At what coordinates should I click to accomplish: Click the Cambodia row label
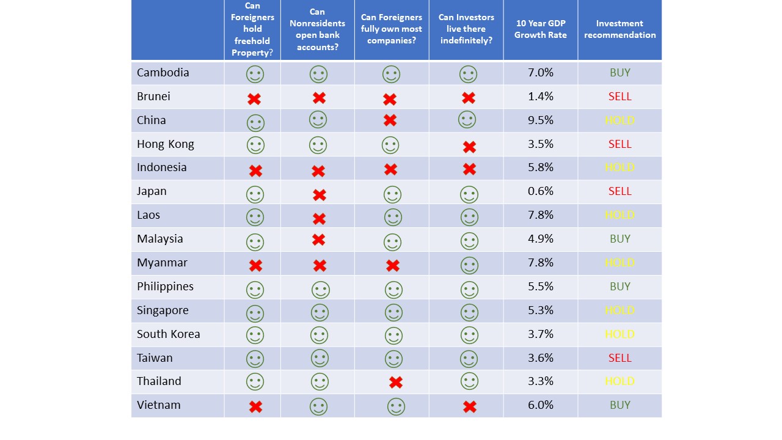pos(163,73)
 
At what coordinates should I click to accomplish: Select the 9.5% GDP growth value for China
pos(541,120)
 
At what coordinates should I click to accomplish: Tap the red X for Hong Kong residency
pos(469,147)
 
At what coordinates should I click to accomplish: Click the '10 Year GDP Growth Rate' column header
pos(541,29)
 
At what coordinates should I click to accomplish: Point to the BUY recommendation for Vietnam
pos(620,405)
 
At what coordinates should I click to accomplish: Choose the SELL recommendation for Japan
pos(620,191)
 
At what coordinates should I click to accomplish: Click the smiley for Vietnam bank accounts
pos(318,406)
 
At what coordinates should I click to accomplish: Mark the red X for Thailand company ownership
pos(396,383)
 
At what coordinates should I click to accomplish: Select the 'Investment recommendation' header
pos(620,29)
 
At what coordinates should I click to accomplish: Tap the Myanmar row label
pos(162,263)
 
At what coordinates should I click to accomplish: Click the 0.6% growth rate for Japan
pos(541,191)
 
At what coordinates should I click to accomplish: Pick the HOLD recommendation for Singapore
pos(620,310)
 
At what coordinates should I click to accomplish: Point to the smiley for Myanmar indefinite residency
pos(469,265)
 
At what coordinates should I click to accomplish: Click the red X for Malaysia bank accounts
pos(318,240)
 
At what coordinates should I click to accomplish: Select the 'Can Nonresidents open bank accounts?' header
pos(318,29)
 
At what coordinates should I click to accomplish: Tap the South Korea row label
pos(169,334)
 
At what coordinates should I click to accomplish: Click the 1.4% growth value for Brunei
pos(541,97)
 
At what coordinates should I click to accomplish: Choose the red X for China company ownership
pos(390,120)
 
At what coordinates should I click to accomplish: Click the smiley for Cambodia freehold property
pos(255,75)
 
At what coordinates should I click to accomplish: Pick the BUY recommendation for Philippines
pos(620,287)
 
